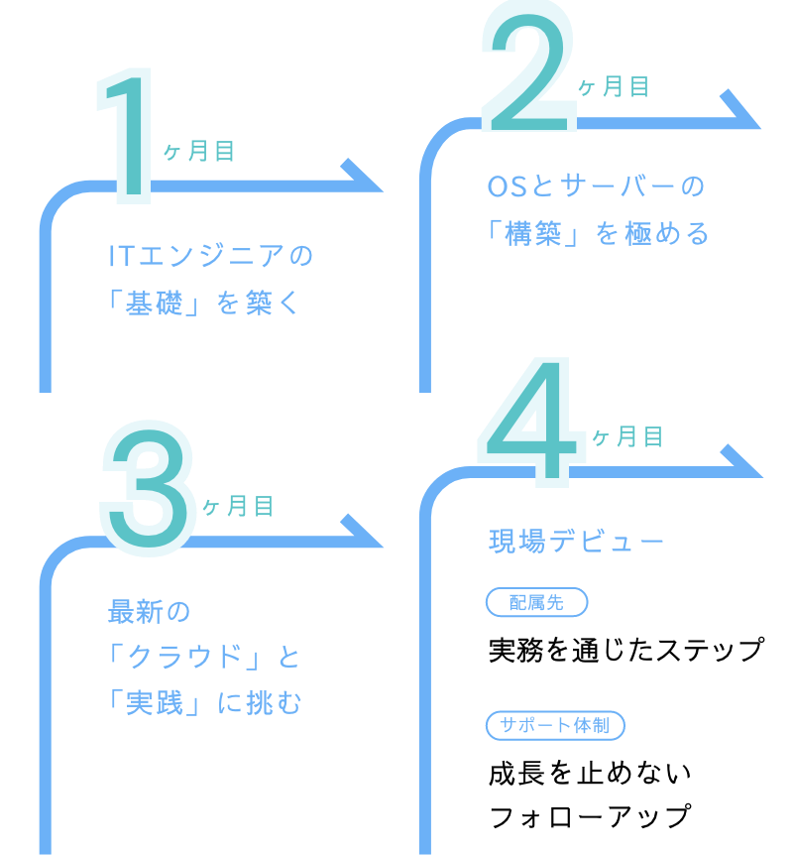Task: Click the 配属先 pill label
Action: [536, 602]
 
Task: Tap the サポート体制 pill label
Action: [555, 726]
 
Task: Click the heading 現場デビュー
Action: [576, 542]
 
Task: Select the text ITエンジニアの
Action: [210, 257]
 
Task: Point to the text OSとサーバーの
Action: [596, 186]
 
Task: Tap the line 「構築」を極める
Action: [599, 234]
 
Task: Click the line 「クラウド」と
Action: [203, 657]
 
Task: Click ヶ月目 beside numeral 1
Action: [199, 152]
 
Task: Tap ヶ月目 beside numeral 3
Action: [239, 507]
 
